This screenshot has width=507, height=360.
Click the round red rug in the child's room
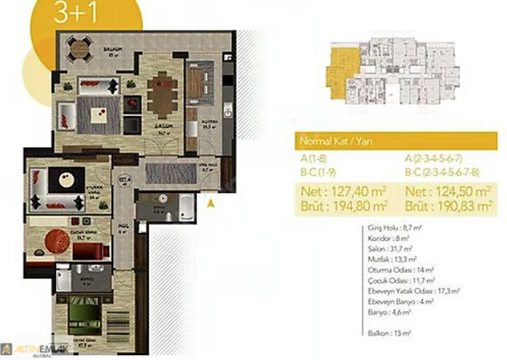pos(58,241)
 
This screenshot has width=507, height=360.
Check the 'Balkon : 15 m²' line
pos(386,334)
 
